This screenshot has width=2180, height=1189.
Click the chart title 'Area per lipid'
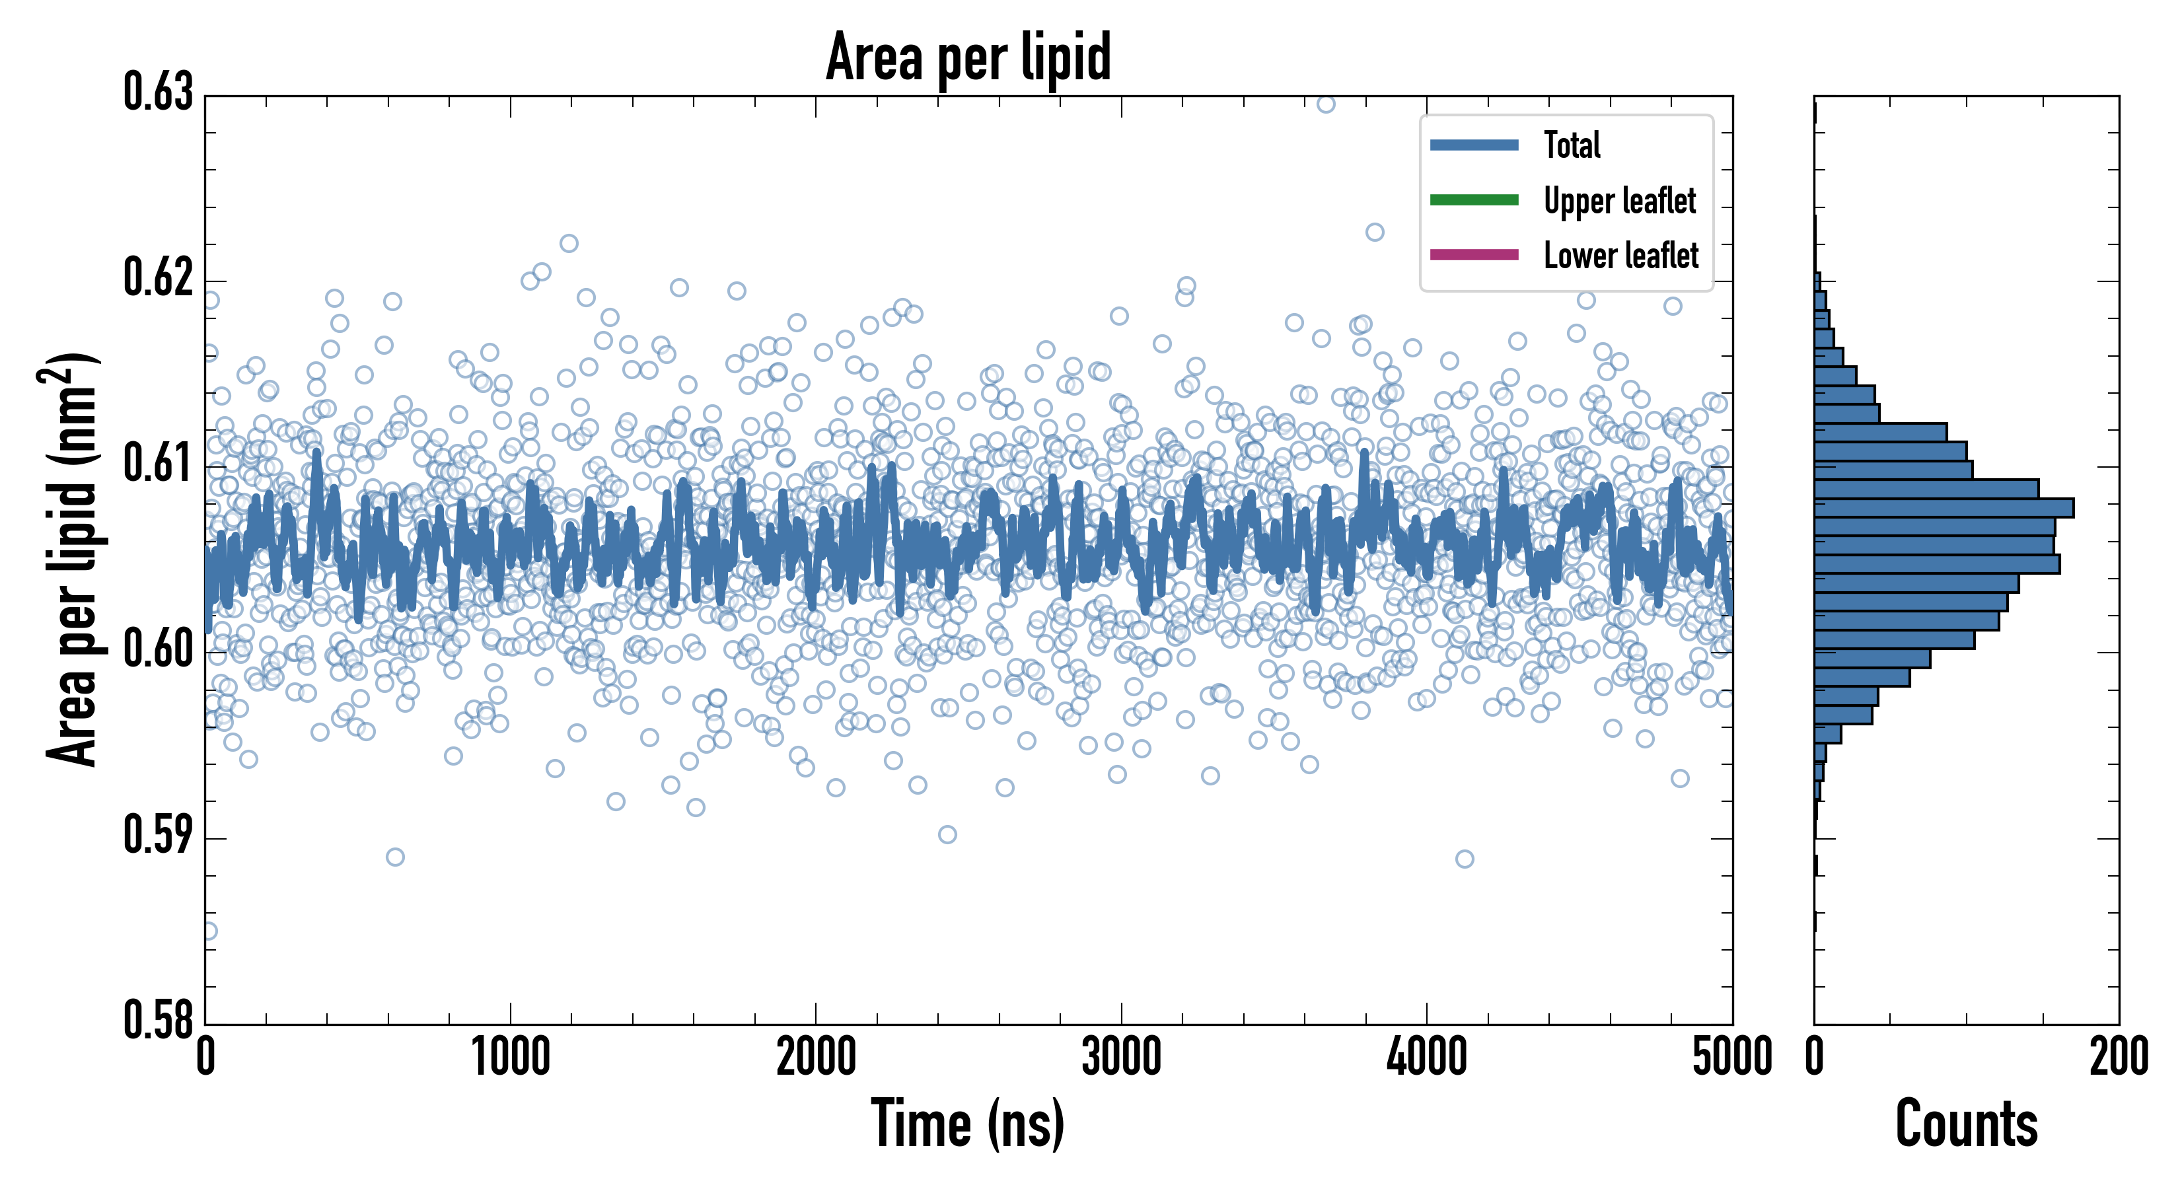[968, 57]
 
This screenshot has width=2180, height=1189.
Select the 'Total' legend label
[1572, 145]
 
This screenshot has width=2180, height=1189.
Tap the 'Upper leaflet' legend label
[1619, 201]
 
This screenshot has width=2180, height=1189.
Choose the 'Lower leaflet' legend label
[1620, 256]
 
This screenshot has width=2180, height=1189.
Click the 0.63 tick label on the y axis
[159, 93]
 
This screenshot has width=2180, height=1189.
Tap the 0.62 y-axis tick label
[159, 277]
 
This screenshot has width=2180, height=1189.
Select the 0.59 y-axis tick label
[159, 835]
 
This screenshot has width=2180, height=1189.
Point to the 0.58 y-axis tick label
[159, 1020]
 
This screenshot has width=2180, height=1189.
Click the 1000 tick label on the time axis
[510, 1058]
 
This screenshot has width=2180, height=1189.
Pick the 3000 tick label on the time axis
[1121, 1058]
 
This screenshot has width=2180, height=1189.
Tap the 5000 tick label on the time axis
[1731, 1058]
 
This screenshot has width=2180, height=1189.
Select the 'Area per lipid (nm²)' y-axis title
[72, 560]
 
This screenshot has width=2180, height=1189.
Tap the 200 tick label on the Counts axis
[2118, 1058]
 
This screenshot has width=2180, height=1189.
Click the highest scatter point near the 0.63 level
[1326, 103]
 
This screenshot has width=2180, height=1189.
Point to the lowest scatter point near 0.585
[208, 931]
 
